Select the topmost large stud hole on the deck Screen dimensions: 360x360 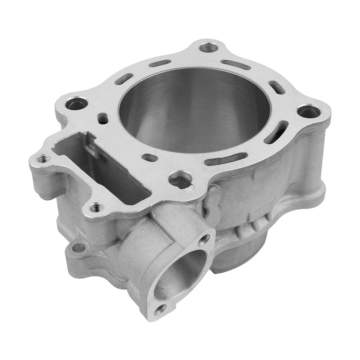click(208, 48)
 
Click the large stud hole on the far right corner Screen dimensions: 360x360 click(308, 111)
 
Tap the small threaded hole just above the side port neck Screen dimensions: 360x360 click(97, 207)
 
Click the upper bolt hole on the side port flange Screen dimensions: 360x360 click(204, 238)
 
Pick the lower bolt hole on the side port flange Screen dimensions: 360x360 click(160, 309)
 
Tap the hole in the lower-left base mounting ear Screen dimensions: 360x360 click(79, 247)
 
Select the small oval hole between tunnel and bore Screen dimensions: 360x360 click(150, 158)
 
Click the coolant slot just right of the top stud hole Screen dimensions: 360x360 click(235, 64)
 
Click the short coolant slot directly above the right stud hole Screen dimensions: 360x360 click(277, 87)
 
